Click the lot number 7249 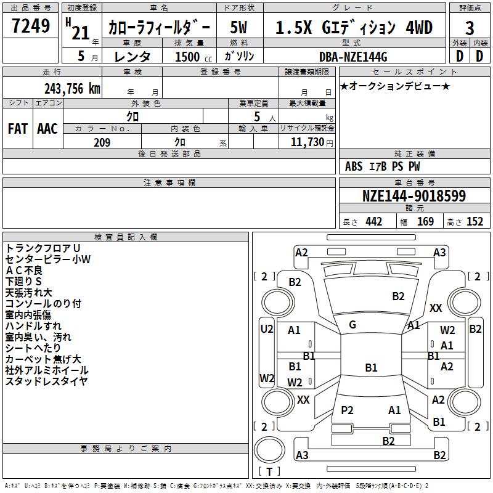point(31,25)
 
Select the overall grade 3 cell point(470,28)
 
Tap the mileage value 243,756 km point(72,89)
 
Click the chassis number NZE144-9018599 point(414,196)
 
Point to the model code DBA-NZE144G point(353,57)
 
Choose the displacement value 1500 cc point(194,57)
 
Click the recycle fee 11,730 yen point(312,142)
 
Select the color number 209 point(102,142)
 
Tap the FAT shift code point(18,129)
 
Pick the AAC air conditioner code point(47,129)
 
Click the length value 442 point(374,221)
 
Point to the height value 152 point(475,221)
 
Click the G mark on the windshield point(352,325)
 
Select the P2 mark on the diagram point(347,410)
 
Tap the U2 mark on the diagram point(267,329)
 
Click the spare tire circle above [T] point(269,450)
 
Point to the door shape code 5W point(238,27)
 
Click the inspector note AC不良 point(24,270)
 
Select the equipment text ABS point(354,166)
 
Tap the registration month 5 point(81,56)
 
